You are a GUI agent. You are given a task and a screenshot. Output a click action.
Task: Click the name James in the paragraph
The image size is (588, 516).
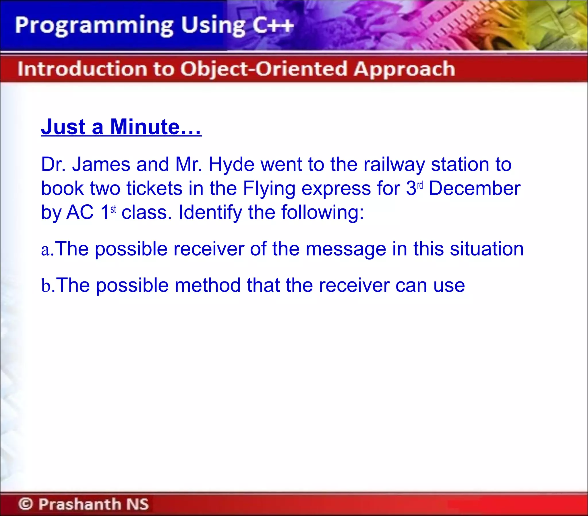(101, 164)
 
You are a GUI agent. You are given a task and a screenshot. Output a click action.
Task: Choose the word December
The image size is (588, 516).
(474, 188)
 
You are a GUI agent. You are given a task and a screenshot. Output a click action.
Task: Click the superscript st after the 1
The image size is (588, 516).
(113, 209)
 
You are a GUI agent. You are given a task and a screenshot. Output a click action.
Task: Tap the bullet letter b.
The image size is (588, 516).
(46, 285)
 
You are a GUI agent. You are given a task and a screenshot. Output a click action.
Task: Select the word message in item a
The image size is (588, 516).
(346, 249)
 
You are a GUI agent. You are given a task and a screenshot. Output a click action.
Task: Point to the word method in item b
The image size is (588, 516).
(208, 285)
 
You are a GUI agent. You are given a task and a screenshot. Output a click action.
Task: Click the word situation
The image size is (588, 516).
(486, 249)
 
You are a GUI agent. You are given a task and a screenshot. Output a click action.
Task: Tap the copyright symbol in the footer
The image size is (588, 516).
(26, 504)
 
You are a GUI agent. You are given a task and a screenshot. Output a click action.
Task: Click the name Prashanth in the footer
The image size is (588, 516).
(80, 504)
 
